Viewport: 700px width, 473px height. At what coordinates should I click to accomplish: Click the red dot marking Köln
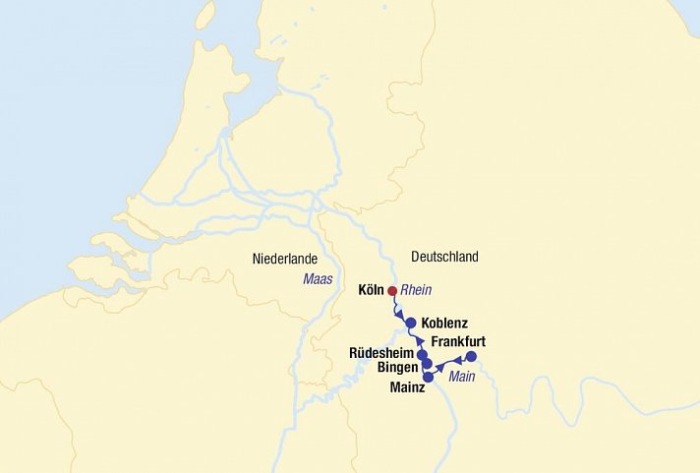click(392, 291)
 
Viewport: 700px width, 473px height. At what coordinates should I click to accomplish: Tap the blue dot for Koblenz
click(411, 323)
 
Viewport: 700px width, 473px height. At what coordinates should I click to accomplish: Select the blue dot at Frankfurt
click(471, 356)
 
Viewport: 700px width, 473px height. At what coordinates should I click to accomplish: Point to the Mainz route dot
click(428, 377)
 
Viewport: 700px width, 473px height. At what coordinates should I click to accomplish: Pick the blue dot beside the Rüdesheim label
click(422, 354)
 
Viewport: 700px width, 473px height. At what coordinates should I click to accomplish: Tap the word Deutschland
click(444, 257)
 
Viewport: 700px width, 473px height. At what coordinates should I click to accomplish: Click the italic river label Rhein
click(417, 290)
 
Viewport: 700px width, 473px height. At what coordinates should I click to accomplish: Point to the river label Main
click(462, 377)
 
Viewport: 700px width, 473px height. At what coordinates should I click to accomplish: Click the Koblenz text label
click(444, 323)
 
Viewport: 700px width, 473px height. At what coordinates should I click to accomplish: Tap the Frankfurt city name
click(458, 341)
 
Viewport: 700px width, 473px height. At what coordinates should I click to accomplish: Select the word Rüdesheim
click(381, 352)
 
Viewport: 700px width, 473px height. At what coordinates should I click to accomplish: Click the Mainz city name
click(407, 386)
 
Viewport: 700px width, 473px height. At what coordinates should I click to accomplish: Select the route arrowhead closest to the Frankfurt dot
click(457, 361)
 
